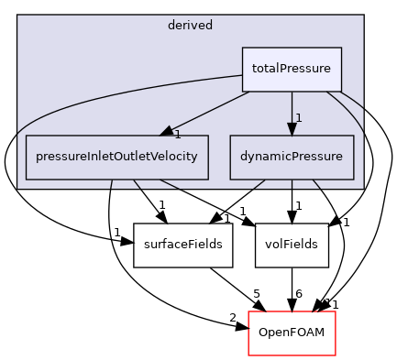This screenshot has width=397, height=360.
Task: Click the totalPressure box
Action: (x=292, y=69)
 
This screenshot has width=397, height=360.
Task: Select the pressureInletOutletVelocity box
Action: (x=116, y=157)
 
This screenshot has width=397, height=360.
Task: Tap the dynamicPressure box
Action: (x=292, y=157)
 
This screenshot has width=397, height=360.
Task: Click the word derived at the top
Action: (x=191, y=26)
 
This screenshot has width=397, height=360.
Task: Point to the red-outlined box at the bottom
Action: (x=292, y=333)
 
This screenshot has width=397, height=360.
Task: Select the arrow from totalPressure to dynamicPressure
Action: (x=292, y=108)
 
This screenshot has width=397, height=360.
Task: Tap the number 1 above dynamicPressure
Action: (x=299, y=118)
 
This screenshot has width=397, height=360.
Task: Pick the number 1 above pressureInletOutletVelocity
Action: (x=177, y=135)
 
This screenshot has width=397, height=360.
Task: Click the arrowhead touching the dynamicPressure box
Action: (x=292, y=128)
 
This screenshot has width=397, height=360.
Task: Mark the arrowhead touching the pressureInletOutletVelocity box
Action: (x=168, y=131)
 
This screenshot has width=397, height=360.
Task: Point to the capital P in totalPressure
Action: (x=281, y=69)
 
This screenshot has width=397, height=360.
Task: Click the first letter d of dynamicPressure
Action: (x=243, y=157)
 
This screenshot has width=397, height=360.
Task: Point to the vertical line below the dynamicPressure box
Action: (x=292, y=183)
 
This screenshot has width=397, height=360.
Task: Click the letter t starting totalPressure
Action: (x=254, y=69)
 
